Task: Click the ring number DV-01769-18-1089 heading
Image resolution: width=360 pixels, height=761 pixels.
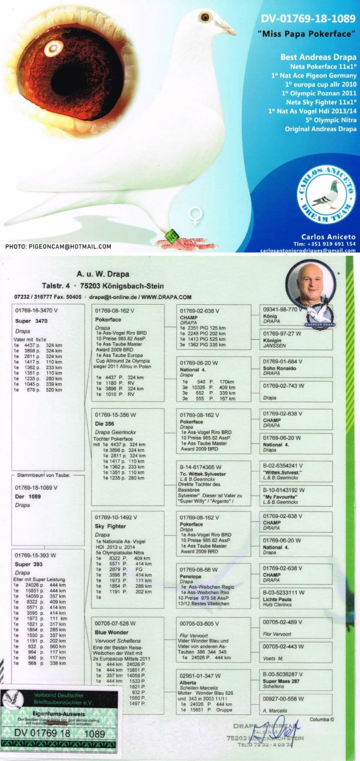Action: (308, 19)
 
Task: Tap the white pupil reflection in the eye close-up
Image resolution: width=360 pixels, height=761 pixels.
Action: (50, 48)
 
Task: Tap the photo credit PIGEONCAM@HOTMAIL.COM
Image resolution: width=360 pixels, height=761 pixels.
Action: (59, 247)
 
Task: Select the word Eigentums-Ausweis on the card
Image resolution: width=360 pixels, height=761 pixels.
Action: (59, 714)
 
